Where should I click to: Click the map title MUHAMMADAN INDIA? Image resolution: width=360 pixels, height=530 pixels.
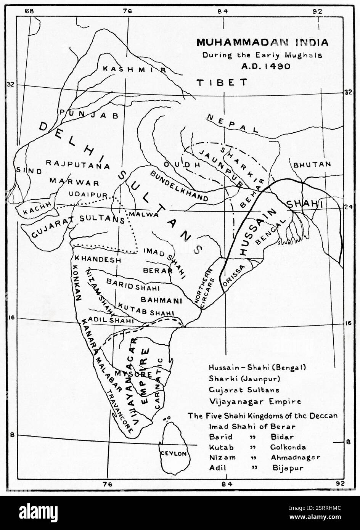(262, 42)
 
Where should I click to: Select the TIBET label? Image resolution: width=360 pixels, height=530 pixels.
(222, 82)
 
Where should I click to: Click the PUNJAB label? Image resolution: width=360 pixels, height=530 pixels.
(89, 114)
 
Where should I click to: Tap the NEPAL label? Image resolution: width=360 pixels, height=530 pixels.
(233, 124)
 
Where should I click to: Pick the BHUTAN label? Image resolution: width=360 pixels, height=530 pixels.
(312, 164)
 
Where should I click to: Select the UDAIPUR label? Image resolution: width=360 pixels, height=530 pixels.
(88, 194)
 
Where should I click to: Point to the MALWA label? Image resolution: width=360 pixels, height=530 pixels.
(143, 214)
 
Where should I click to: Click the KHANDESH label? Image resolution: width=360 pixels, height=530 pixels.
(98, 259)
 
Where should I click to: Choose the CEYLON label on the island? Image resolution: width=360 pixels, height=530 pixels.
(174, 454)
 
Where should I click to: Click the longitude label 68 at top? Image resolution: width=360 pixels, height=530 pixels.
(29, 11)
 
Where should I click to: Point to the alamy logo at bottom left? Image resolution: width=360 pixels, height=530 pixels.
(38, 512)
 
